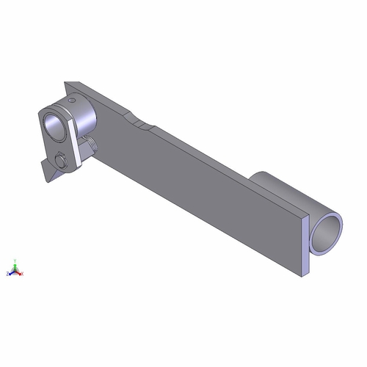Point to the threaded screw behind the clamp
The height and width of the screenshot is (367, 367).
click(x=92, y=145)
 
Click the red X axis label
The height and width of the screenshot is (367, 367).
click(x=22, y=273)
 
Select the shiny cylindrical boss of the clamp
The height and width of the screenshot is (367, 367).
click(x=82, y=110)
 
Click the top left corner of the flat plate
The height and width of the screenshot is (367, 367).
click(x=66, y=83)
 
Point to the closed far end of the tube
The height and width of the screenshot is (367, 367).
click(x=258, y=176)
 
